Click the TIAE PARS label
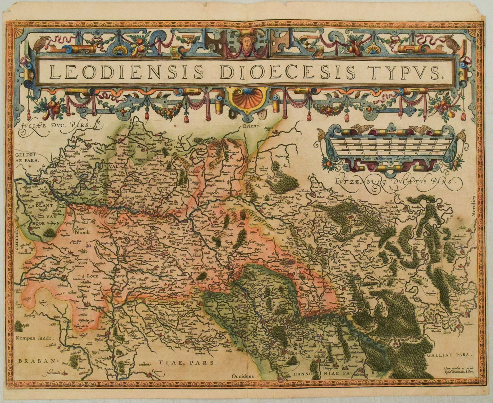188,362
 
